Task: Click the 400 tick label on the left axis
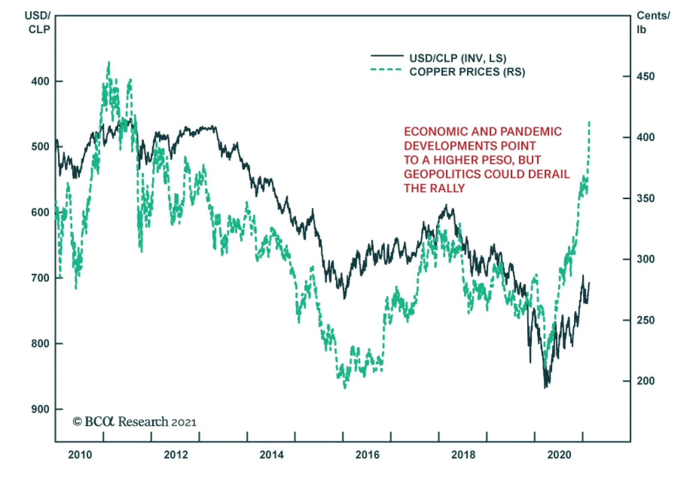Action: pos(40,81)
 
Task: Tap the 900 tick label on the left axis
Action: pos(40,409)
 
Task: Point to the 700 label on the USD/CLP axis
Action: pos(40,278)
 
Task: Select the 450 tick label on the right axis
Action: pos(645,77)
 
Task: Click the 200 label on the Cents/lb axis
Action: pos(645,381)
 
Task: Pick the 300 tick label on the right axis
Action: pos(645,259)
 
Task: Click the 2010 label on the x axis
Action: pos(80,455)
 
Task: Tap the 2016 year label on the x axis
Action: pos(367,455)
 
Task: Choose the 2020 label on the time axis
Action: pos(559,455)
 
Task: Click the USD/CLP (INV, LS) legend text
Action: pos(458,58)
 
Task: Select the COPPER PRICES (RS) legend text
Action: pos(467,72)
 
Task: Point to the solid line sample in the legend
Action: pos(387,56)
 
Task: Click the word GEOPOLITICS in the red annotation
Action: pos(443,174)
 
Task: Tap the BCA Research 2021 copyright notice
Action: pos(134,422)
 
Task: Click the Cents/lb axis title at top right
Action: pos(652,22)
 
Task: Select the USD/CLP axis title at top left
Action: pos(39,22)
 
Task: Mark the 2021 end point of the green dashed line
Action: pos(589,123)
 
